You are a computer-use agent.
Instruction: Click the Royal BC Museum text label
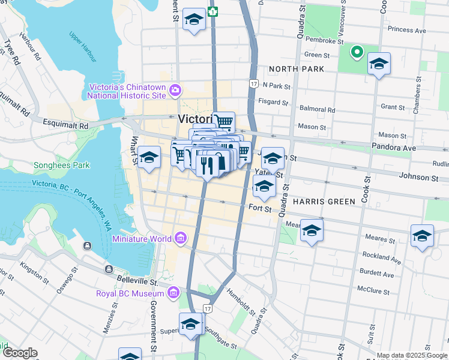tap(130, 293)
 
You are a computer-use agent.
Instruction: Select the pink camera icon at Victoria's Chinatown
tap(175, 91)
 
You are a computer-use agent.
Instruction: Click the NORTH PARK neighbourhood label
tap(297, 69)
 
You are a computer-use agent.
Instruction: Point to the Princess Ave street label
tap(406, 29)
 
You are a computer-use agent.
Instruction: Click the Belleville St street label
tap(137, 281)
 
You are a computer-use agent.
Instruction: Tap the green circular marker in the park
tap(357, 52)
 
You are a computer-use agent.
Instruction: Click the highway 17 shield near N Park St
tap(255, 84)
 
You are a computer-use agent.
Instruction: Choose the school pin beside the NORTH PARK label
tap(379, 64)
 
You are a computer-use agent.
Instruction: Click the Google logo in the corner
tap(20, 353)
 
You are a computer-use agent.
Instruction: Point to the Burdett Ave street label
tap(381, 275)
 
